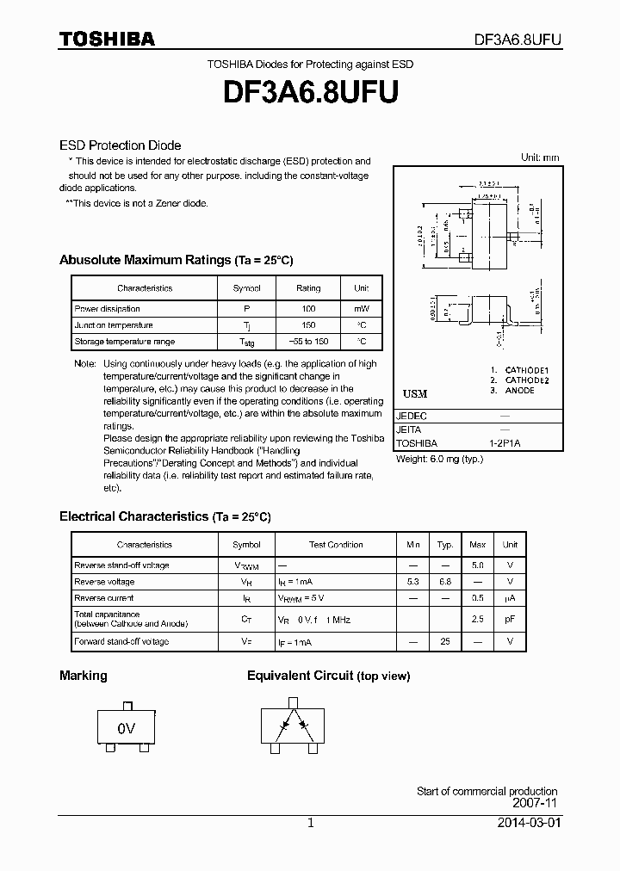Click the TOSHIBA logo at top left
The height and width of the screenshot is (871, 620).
tap(107, 39)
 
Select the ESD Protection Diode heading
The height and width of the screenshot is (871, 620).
tap(120, 145)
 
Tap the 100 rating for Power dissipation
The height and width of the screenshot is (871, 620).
tap(308, 309)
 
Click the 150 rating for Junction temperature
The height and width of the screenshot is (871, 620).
tap(308, 325)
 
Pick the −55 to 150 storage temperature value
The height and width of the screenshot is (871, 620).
tap(308, 342)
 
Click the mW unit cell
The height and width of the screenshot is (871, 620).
tap(361, 309)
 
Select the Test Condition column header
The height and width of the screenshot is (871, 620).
tap(336, 545)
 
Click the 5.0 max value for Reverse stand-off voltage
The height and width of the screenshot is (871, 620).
tap(478, 565)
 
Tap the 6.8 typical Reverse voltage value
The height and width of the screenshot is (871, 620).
tap(445, 582)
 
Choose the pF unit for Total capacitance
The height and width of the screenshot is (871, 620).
tap(510, 619)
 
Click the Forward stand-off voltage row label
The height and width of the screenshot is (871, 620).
tap(121, 641)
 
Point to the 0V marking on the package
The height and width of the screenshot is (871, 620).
tap(127, 728)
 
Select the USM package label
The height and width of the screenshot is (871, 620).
tap(415, 393)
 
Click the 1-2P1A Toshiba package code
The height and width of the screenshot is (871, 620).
tap(504, 444)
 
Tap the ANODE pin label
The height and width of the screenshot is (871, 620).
tap(520, 390)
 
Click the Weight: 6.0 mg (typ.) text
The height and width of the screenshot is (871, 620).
tap(439, 459)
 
